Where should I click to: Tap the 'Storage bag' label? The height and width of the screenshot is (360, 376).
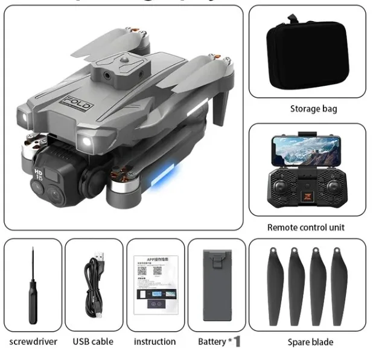(x=313, y=109)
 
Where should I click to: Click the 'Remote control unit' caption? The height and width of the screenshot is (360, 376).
(x=306, y=228)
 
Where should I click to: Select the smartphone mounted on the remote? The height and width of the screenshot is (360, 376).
(x=307, y=150)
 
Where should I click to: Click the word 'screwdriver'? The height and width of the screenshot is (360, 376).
(x=33, y=341)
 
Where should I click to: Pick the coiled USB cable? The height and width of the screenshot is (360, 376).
(x=94, y=284)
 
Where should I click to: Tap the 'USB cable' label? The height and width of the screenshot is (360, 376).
(x=94, y=341)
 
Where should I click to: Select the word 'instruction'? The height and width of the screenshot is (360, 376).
(x=155, y=341)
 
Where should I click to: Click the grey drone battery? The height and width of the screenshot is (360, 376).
(x=217, y=284)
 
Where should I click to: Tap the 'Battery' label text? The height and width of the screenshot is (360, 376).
(x=211, y=341)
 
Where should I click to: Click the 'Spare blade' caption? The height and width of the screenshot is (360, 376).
(x=310, y=342)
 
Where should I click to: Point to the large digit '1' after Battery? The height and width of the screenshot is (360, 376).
(x=237, y=341)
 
